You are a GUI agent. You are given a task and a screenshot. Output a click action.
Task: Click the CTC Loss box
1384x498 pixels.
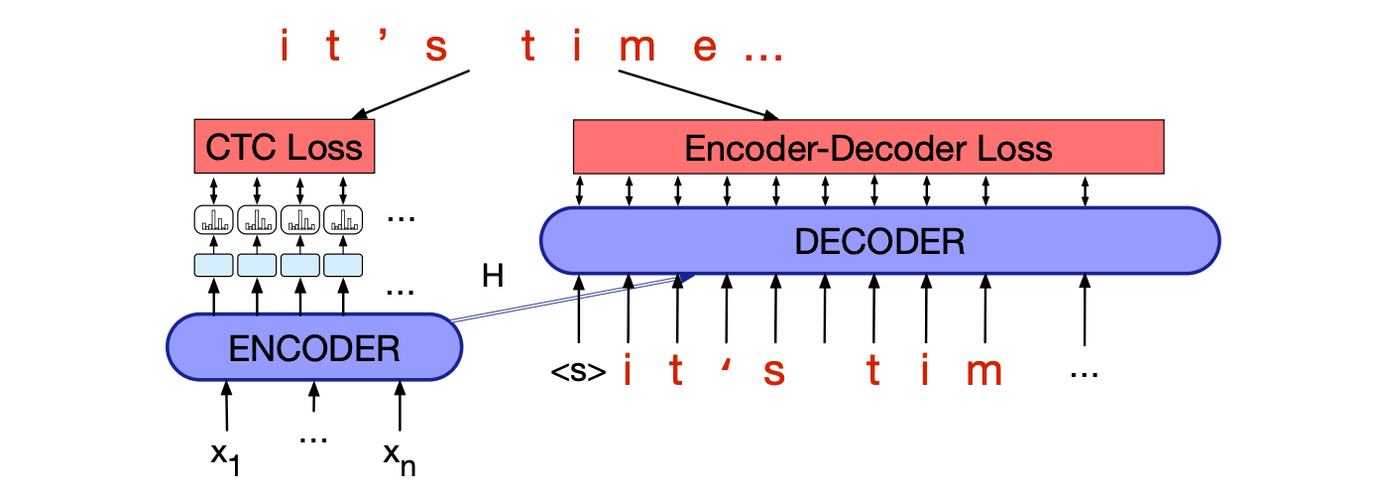[x=284, y=149]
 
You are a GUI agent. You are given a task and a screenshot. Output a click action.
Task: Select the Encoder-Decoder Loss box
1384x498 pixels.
[x=867, y=149]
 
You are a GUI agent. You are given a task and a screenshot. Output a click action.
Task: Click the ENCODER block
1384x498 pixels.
[x=314, y=347]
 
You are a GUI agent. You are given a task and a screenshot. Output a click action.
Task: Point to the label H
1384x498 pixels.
[x=493, y=277]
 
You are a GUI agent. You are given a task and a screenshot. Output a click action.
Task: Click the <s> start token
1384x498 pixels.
[x=578, y=373]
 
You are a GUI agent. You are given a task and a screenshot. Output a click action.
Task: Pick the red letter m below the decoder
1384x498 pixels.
[x=983, y=372]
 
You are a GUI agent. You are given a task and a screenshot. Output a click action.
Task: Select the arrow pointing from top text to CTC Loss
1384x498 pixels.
[x=409, y=94]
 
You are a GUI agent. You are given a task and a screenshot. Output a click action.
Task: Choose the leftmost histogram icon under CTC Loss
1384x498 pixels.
[x=213, y=219]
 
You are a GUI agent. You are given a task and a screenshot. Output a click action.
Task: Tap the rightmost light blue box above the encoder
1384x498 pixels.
[x=343, y=265]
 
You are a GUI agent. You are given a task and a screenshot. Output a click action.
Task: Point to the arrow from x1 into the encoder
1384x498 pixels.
[x=227, y=408]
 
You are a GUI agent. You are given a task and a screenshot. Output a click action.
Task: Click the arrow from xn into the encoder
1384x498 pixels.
[x=400, y=408]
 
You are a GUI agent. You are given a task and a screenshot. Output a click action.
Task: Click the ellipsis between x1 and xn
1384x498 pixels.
[x=313, y=437]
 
